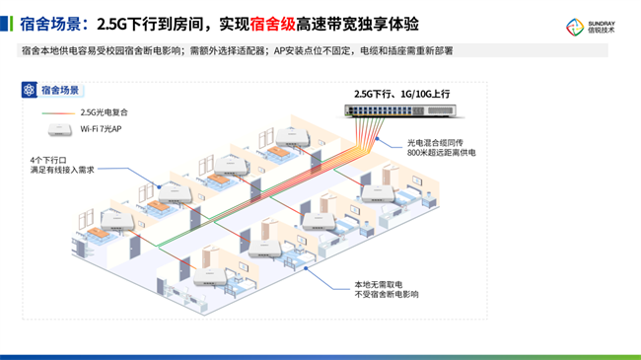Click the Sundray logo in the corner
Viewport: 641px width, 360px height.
pyautogui.click(x=590, y=27)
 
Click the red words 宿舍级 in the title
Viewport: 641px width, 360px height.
pyautogui.click(x=272, y=24)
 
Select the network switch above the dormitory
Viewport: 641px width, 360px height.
pyautogui.click(x=400, y=110)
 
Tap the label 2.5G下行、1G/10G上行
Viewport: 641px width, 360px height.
pyautogui.click(x=401, y=94)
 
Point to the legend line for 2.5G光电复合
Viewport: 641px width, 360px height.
pyautogui.click(x=58, y=112)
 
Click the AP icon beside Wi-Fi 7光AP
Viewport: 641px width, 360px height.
pyautogui.click(x=60, y=129)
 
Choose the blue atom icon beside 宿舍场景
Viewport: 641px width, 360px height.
pyautogui.click(x=29, y=90)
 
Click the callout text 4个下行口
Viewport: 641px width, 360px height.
pyautogui.click(x=48, y=160)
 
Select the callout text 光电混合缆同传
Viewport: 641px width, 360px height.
pyautogui.click(x=435, y=143)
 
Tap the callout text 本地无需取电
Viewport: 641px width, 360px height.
pyautogui.click(x=378, y=284)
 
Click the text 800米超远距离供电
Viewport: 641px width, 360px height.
pyautogui.click(x=442, y=153)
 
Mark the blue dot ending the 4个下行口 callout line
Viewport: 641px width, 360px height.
pyautogui.click(x=159, y=187)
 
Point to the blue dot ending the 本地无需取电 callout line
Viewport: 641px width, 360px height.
pyautogui.click(x=306, y=268)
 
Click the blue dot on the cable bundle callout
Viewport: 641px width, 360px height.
pyautogui.click(x=378, y=139)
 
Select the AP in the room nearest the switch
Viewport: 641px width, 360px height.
pyautogui.click(x=293, y=137)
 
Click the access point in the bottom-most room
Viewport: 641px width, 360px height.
pyautogui.click(x=210, y=277)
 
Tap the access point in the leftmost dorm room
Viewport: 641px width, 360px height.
pyautogui.click(x=117, y=222)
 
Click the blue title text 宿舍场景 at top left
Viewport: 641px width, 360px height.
pyautogui.click(x=50, y=24)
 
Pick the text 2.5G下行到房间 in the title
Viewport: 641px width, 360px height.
pyautogui.click(x=150, y=24)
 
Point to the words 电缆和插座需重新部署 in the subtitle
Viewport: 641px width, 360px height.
pyautogui.click(x=406, y=50)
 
